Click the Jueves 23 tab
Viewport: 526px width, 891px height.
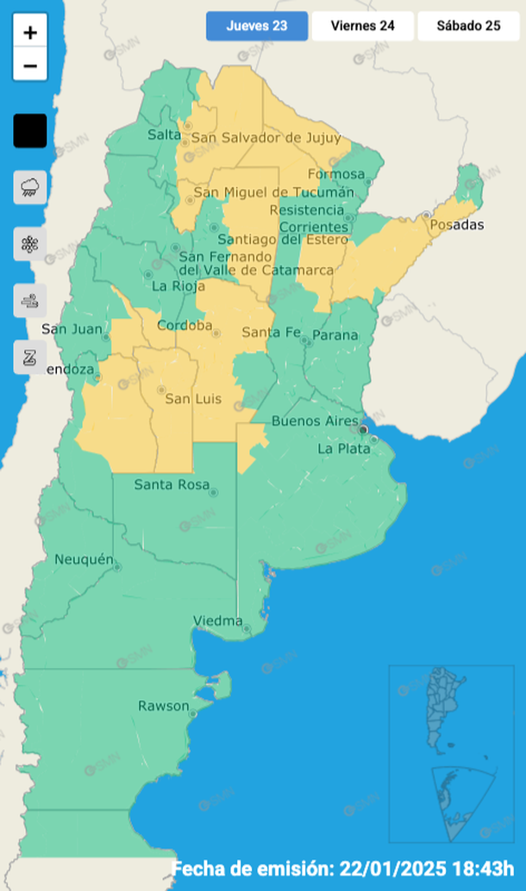point(256,26)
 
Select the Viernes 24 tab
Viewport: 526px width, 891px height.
point(362,26)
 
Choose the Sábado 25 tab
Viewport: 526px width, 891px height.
point(468,26)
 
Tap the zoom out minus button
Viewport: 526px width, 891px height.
point(30,65)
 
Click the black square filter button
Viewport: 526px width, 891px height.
point(30,131)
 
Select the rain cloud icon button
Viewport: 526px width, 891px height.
point(30,187)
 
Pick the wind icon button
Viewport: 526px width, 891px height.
point(30,301)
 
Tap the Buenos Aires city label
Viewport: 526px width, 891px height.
point(314,421)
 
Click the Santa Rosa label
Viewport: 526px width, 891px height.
point(172,485)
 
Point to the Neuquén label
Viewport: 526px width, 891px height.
point(84,560)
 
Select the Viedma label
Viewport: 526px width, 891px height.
point(217,621)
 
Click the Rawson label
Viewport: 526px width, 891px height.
point(163,707)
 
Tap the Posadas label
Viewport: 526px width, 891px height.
point(456,225)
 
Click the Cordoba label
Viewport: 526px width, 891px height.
point(185,326)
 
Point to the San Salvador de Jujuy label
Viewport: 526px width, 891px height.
point(265,138)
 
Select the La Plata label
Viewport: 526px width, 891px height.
point(342,449)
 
